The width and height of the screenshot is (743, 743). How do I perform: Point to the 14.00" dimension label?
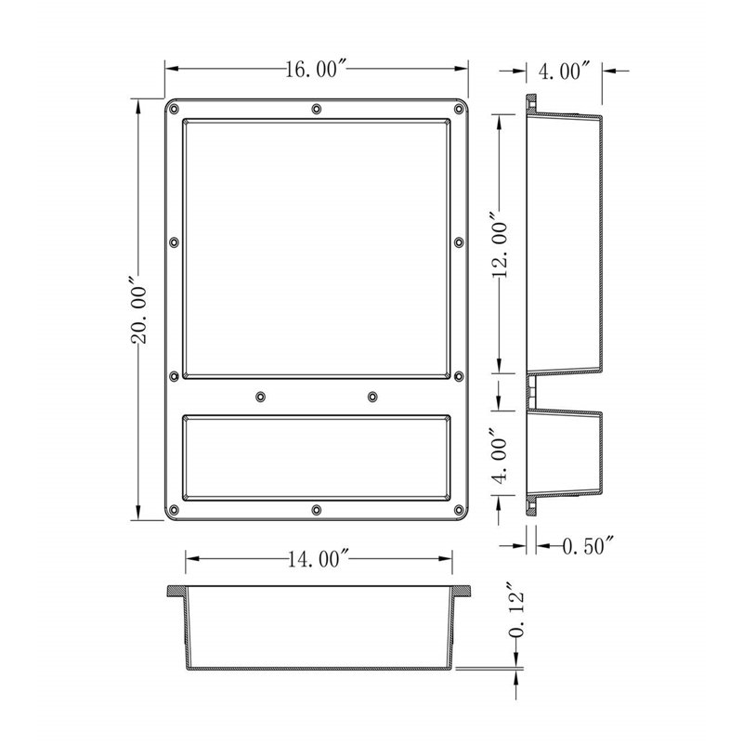[x=317, y=558]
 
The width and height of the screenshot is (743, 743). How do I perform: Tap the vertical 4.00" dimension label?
[x=500, y=452]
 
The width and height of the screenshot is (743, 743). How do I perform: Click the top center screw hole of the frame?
[x=317, y=110]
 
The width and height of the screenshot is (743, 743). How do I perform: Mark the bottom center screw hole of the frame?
[x=317, y=510]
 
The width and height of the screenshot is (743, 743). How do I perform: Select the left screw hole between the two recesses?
[x=261, y=397]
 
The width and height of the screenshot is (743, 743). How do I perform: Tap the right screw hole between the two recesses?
[x=372, y=397]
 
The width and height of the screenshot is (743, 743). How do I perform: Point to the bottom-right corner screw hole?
[x=458, y=510]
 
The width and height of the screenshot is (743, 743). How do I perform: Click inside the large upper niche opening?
[x=317, y=249]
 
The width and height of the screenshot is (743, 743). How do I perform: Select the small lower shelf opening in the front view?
[x=317, y=456]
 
